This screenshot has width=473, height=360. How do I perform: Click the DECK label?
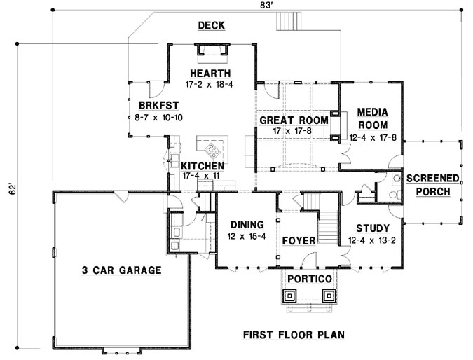(x=211, y=26)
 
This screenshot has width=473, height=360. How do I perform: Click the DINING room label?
(x=245, y=225)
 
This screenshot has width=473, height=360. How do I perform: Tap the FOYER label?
(x=299, y=240)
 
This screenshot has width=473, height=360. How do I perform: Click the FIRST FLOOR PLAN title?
(x=294, y=335)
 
